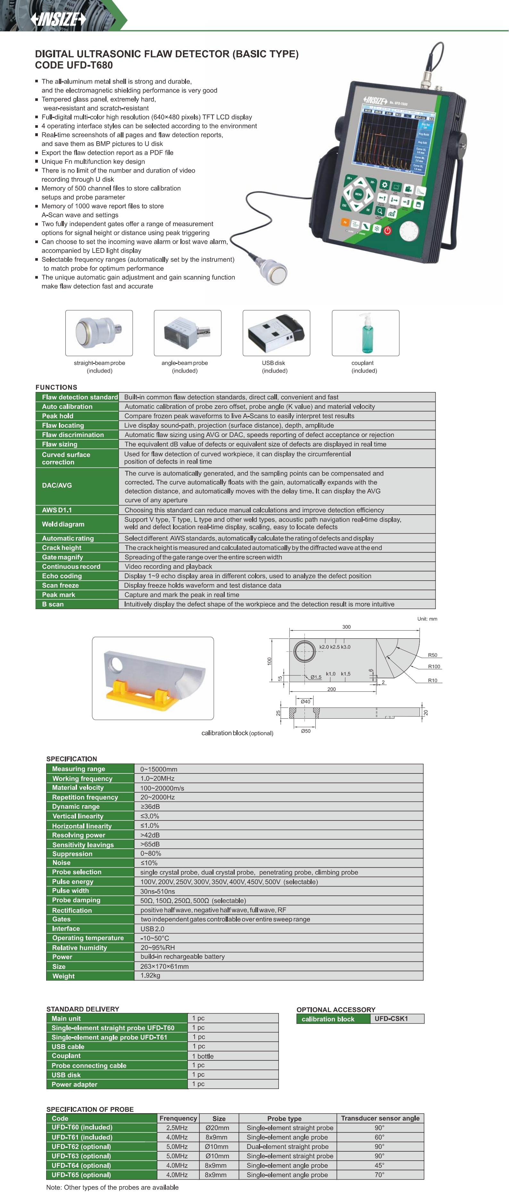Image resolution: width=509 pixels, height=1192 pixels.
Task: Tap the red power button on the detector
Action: point(388,230)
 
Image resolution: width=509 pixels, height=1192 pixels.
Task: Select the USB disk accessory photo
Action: point(276,333)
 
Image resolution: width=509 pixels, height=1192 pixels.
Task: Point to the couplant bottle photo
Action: point(365,333)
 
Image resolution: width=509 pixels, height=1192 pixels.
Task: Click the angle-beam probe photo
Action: point(187,333)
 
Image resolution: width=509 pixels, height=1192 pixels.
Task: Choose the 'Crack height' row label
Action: point(62,547)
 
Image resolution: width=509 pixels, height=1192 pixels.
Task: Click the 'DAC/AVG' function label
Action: point(57,486)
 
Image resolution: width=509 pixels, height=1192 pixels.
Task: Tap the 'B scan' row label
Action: point(53,604)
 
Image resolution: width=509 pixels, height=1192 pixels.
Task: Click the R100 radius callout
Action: point(434,666)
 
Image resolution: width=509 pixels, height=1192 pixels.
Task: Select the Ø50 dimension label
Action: point(306,731)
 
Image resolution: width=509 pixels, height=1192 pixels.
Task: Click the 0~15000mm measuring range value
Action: point(159,769)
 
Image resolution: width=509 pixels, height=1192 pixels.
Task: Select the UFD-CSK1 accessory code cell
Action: point(391,1018)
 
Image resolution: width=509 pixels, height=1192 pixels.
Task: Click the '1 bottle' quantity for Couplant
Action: point(203,1056)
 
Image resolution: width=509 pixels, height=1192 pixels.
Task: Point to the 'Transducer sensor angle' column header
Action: point(380,1118)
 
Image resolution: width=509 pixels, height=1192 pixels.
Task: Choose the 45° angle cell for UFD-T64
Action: point(379,1165)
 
